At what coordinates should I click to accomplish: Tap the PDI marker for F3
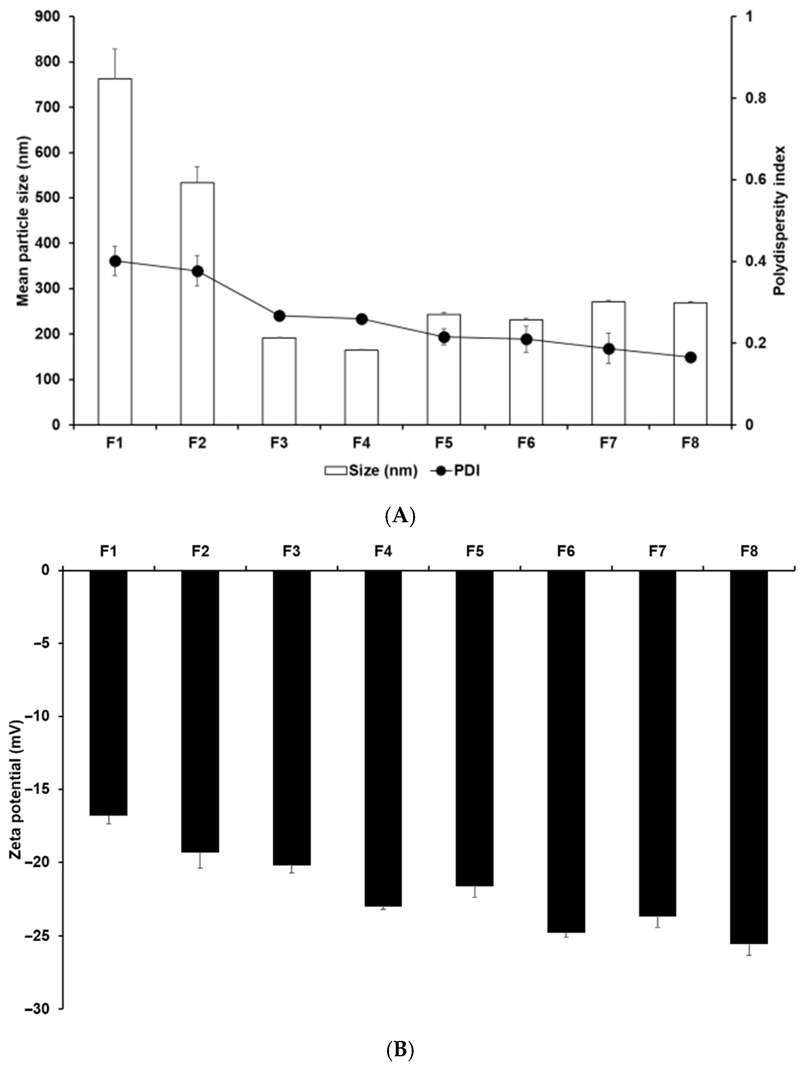(x=279, y=316)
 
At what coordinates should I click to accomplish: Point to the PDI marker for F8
(x=691, y=357)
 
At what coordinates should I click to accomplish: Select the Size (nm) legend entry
(x=371, y=471)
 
